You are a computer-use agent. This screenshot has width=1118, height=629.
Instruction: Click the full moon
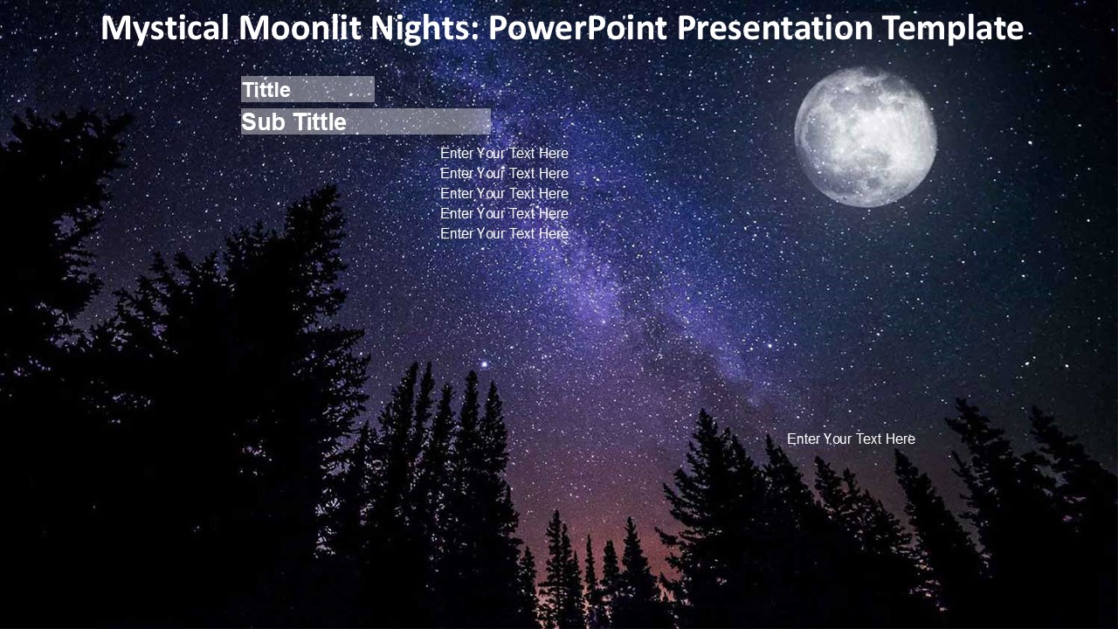(866, 137)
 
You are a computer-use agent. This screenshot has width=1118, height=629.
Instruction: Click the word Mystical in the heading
(165, 29)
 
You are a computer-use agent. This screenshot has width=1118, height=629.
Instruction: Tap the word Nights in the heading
(424, 29)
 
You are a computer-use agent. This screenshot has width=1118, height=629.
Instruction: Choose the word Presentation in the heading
(775, 29)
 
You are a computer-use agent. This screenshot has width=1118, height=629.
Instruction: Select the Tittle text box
(307, 89)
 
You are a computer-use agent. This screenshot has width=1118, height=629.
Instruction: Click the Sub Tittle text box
(366, 121)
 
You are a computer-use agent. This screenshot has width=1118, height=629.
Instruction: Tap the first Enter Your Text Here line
(504, 153)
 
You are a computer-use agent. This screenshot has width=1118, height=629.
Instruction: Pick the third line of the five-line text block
(504, 193)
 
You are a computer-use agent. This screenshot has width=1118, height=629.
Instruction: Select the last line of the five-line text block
(504, 233)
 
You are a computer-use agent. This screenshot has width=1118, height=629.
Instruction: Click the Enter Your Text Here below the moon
(851, 439)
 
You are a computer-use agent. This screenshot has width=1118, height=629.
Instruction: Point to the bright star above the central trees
(484, 364)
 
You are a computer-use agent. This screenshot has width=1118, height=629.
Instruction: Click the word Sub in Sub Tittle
(264, 121)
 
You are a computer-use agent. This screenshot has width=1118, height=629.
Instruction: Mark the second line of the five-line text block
(504, 173)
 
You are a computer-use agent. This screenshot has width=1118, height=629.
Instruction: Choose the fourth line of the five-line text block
(504, 213)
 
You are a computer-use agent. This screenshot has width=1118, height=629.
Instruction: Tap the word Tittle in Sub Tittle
(320, 121)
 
